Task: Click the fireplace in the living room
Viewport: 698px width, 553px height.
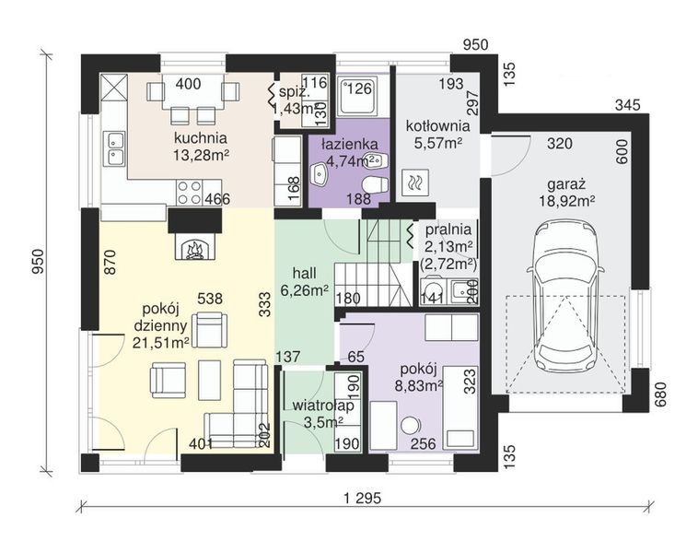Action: click(194, 247)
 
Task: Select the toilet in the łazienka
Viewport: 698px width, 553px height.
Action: click(375, 184)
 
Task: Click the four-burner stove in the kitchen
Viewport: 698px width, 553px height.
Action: click(189, 193)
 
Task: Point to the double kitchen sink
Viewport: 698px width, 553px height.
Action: click(114, 148)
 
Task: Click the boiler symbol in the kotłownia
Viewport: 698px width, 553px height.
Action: click(415, 182)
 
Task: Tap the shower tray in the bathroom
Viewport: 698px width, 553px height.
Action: click(357, 95)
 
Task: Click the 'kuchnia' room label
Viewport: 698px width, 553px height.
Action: click(201, 137)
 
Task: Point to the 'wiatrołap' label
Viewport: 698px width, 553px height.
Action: click(323, 406)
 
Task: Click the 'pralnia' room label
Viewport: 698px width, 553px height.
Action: click(448, 229)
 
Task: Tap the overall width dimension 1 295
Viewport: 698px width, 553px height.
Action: click(363, 497)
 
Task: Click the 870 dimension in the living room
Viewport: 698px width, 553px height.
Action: click(111, 262)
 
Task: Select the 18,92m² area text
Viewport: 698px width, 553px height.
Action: click(567, 201)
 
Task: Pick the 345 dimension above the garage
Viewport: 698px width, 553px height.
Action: click(628, 106)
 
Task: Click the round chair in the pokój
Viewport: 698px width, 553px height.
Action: click(410, 426)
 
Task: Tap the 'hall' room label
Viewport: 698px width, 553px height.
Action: click(305, 273)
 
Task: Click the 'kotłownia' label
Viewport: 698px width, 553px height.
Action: click(437, 126)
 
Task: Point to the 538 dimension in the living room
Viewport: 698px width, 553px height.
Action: click(210, 298)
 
